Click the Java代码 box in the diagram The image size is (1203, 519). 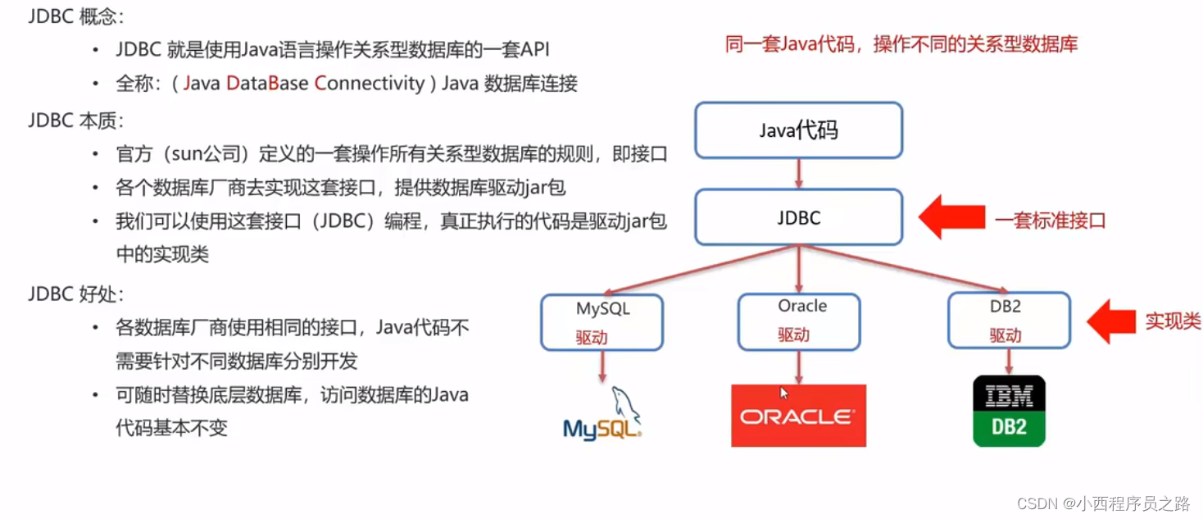coord(798,130)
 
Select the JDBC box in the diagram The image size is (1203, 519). coord(798,218)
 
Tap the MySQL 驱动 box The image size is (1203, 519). coord(602,321)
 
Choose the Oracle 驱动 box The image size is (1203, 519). coord(799,321)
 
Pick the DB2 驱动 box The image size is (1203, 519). coord(1009,321)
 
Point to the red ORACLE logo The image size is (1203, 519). coord(798,416)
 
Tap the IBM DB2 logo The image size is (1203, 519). coord(1009,411)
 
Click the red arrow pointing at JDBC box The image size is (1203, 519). coord(951,219)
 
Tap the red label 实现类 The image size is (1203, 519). coord(1173,321)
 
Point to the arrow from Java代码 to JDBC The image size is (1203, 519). coord(798,174)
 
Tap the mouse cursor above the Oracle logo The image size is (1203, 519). coord(783,393)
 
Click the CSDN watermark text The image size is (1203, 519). coord(1103,503)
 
